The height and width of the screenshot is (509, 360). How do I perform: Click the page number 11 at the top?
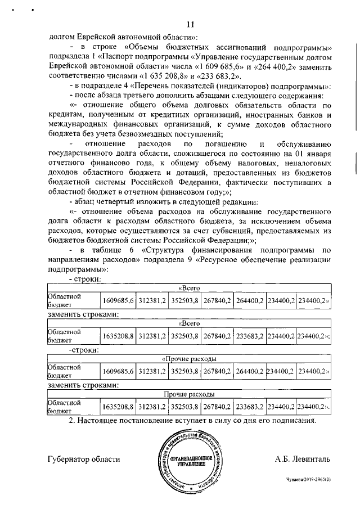(190, 24)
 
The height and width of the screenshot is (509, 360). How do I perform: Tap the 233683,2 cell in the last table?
(249, 406)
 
